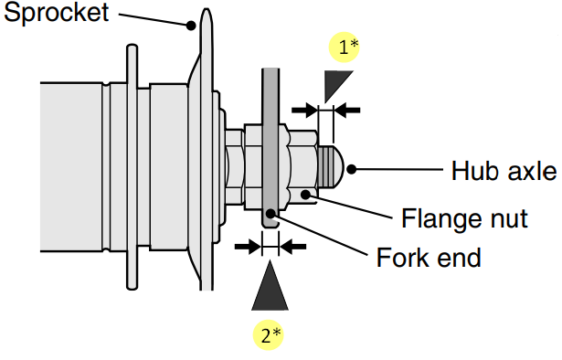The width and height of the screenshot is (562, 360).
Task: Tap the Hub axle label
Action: [x=504, y=170]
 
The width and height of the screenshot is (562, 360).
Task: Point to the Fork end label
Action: [x=429, y=258]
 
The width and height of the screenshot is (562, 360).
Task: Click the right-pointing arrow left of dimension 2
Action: [x=246, y=245]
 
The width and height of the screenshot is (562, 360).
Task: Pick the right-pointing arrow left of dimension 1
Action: [x=303, y=110]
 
